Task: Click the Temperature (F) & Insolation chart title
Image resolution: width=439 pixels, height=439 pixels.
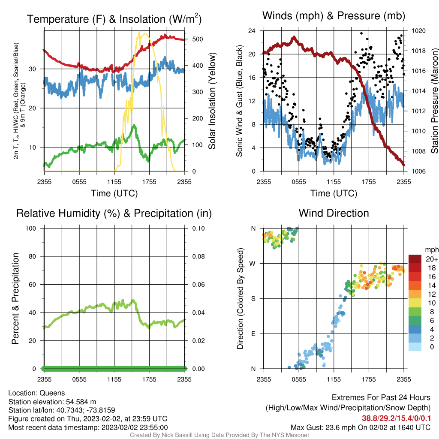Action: pyautogui.click(x=114, y=19)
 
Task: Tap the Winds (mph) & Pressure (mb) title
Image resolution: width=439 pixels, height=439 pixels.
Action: pyautogui.click(x=334, y=16)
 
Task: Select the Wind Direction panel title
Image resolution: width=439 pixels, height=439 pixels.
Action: pyautogui.click(x=334, y=213)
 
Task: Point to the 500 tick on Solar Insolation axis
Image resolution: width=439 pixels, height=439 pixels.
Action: pyautogui.click(x=198, y=39)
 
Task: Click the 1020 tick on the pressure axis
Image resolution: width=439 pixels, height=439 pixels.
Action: pyautogui.click(x=418, y=31)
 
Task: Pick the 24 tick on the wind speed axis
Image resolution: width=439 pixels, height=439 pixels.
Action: pyautogui.click(x=252, y=31)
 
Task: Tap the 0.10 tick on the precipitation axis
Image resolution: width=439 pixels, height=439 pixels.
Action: pyautogui.click(x=198, y=229)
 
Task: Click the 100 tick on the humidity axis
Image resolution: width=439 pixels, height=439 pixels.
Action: pyautogui.click(x=31, y=229)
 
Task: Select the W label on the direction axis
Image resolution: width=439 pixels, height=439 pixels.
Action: pyautogui.click(x=253, y=264)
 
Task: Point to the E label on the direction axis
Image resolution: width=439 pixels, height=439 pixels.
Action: pyautogui.click(x=253, y=334)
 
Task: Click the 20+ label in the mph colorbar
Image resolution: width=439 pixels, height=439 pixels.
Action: pyautogui.click(x=432, y=259)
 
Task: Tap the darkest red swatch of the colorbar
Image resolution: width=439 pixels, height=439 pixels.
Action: pyautogui.click(x=415, y=259)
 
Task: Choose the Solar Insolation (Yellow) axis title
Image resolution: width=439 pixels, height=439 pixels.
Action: pyautogui.click(x=212, y=101)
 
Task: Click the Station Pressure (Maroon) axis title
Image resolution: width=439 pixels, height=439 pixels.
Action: pyautogui.click(x=435, y=101)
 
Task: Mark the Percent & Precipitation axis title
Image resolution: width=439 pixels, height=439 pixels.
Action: pyautogui.click(x=15, y=298)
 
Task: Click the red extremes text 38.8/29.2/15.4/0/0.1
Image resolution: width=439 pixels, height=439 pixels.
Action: pyautogui.click(x=396, y=418)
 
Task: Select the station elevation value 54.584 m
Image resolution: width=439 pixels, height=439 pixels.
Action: pyautogui.click(x=81, y=402)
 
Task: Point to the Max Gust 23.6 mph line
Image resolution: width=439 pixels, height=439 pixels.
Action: pyautogui.click(x=361, y=427)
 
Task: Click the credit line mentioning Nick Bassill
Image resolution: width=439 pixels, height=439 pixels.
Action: pyautogui.click(x=219, y=435)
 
